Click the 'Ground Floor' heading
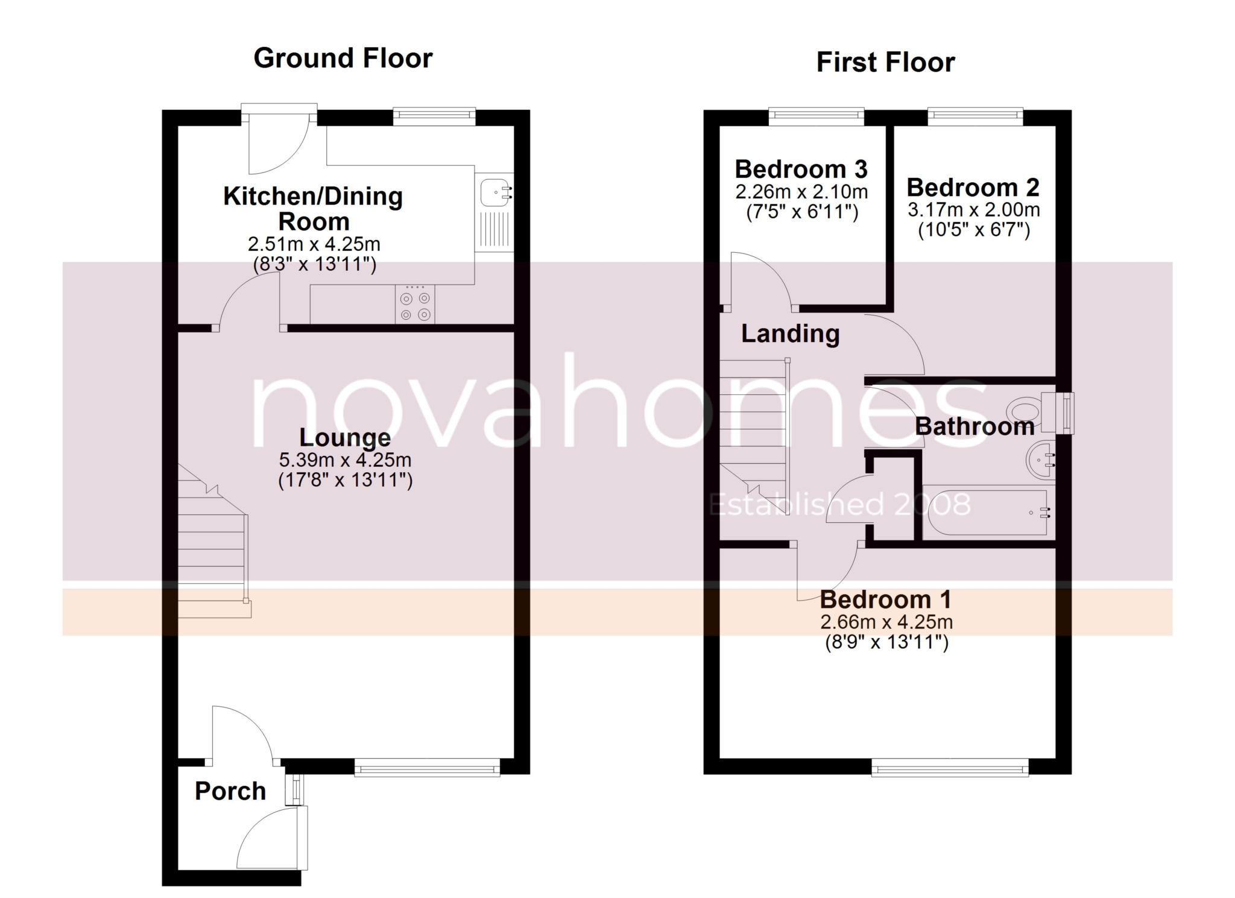343,58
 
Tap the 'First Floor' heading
885,63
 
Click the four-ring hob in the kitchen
415,305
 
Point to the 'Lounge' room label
345,438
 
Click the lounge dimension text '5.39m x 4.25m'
345,460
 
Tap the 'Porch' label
230,791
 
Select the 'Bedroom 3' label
801,169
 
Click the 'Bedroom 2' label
973,188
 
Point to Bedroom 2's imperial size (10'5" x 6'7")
973,230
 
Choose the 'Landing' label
790,334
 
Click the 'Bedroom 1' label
886,599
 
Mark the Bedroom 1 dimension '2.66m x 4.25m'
886,622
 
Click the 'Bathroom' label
974,427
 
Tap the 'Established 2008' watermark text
840,505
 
